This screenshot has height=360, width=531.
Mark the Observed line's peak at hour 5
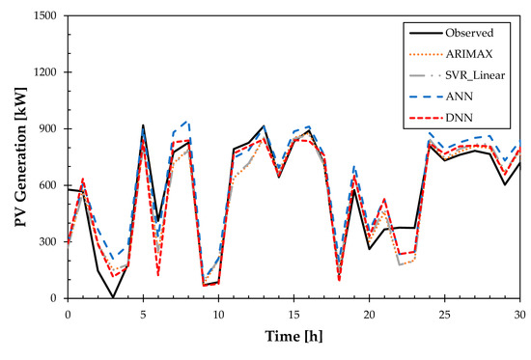coord(143,125)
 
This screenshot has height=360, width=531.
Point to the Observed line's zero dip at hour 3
coord(113,297)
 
